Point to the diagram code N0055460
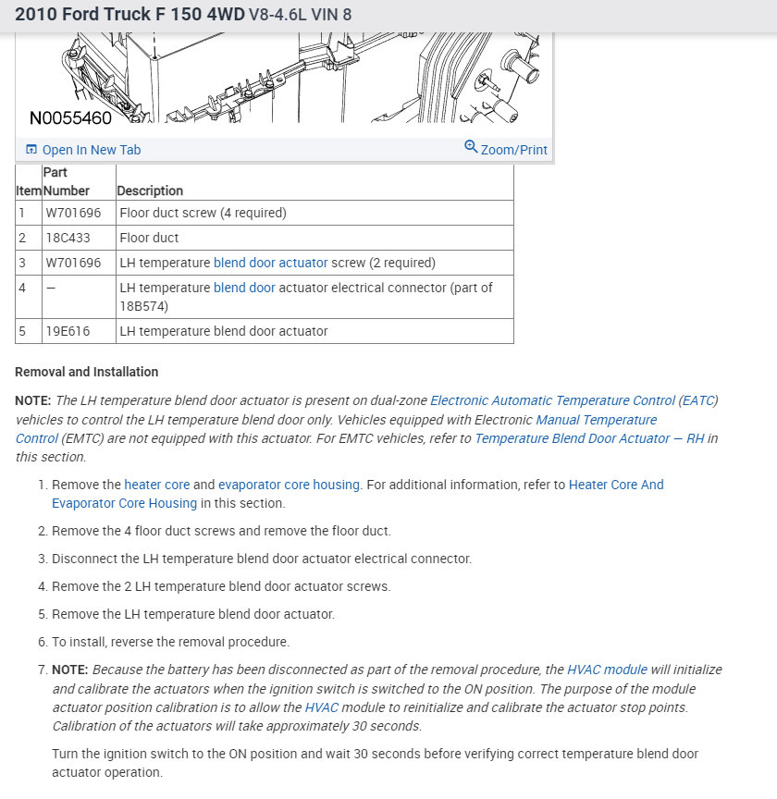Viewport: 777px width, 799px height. coord(70,118)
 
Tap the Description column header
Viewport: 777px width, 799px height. coord(150,191)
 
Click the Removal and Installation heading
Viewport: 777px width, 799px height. coord(87,372)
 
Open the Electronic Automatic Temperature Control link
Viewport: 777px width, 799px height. coord(552,400)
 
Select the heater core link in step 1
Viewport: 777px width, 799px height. coord(156,485)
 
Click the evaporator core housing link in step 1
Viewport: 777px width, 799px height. coord(289,485)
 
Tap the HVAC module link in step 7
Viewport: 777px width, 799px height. coord(607,670)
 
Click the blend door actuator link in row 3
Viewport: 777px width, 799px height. coord(270,263)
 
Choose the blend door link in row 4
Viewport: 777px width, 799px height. coord(244,288)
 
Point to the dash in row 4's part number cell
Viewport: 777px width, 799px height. coord(50,288)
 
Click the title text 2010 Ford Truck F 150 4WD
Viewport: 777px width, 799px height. coord(129,15)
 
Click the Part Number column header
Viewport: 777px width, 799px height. coord(67,181)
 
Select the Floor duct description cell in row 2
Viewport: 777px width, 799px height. coord(150,238)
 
